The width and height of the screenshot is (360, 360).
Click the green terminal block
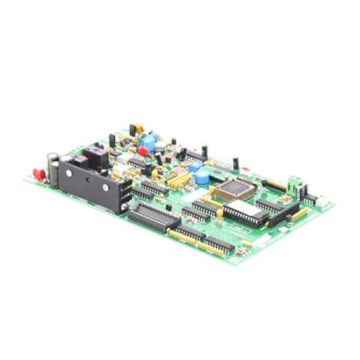(x=292, y=178)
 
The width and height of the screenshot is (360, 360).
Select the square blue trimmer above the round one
(x=194, y=166)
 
